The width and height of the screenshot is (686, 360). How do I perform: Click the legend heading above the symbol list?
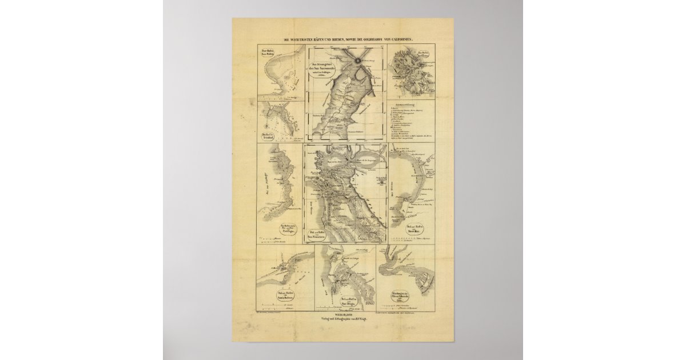coord(412,105)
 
